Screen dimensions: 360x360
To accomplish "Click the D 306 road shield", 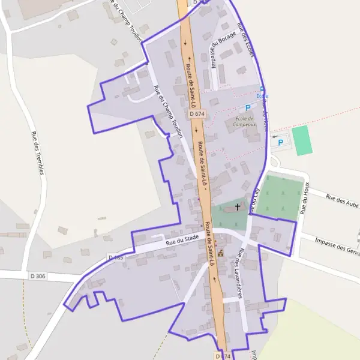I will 38,276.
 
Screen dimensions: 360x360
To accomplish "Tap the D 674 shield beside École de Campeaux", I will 196,113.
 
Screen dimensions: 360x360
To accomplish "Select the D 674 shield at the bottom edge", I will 222,356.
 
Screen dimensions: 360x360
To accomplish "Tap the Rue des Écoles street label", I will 246,40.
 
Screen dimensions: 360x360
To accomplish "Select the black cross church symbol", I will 238,207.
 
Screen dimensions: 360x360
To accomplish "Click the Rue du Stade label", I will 182,240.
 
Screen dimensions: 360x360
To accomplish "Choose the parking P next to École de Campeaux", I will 247,108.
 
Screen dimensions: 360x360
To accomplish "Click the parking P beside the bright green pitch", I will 280,143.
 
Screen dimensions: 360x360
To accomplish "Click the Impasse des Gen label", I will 337,245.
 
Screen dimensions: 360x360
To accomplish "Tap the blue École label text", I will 262,96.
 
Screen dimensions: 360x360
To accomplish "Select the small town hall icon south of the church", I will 220,254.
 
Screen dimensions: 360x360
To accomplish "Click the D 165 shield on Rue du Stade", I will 116,257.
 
